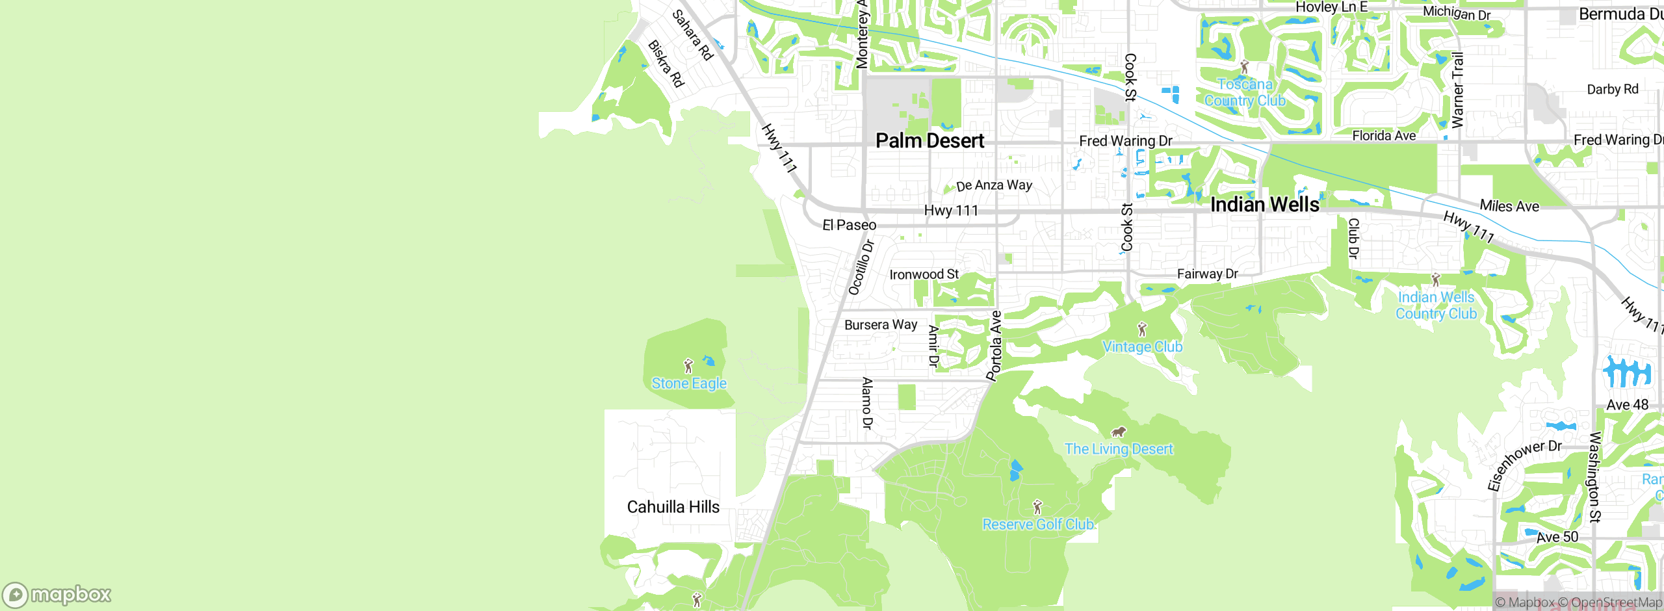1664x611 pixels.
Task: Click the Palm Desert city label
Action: click(x=929, y=140)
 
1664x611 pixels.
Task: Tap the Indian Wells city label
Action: click(x=1264, y=205)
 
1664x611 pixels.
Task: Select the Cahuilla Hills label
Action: click(x=673, y=507)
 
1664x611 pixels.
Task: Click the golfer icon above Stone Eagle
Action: click(x=688, y=366)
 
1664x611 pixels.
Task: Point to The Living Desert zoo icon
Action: click(x=1118, y=432)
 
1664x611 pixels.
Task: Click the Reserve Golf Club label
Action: click(x=1038, y=525)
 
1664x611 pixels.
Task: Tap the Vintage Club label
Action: click(x=1142, y=347)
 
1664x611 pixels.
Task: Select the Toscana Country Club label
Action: click(x=1245, y=92)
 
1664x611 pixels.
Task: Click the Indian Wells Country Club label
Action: click(x=1436, y=305)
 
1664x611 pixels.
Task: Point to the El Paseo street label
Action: click(x=849, y=225)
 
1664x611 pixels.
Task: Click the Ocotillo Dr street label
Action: click(x=861, y=267)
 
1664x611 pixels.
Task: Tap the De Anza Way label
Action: click(x=994, y=185)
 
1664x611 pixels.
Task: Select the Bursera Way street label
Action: click(x=880, y=324)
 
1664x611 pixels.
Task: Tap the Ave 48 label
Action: click(x=1627, y=405)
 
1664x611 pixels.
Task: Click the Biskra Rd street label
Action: click(x=666, y=64)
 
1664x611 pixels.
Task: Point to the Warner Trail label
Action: click(x=1457, y=90)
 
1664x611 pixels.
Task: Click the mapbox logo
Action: click(x=57, y=595)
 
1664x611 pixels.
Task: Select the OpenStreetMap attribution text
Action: click(x=1615, y=603)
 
